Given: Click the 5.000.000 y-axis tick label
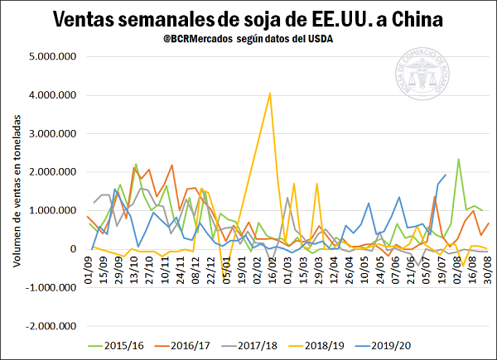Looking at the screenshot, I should point(52,57).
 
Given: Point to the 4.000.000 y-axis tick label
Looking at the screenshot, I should point(52,95).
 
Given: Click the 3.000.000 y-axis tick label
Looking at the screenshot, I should point(52,133).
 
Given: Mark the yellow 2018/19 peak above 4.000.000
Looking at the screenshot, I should point(270,94).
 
